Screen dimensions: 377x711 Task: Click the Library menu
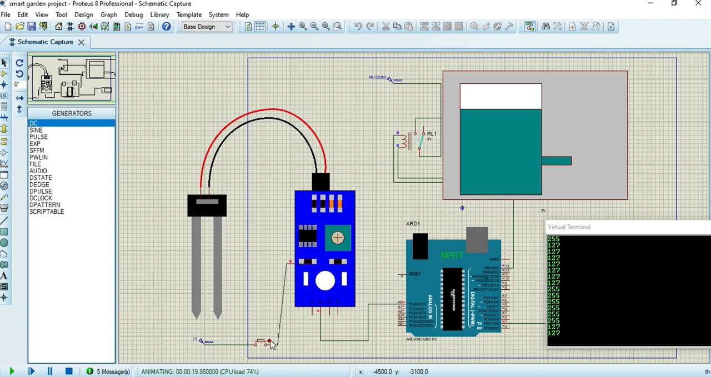pyautogui.click(x=159, y=14)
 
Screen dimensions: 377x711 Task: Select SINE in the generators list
pyautogui.click(x=36, y=130)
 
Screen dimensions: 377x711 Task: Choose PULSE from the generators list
pyautogui.click(x=38, y=137)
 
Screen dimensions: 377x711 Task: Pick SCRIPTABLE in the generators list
pyautogui.click(x=47, y=212)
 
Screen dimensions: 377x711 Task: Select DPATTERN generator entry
pyautogui.click(x=45, y=205)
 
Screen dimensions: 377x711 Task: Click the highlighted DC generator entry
pyautogui.click(x=34, y=123)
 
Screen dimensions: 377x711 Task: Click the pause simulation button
pyautogui.click(x=49, y=371)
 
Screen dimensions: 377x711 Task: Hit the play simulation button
pyautogui.click(x=11, y=371)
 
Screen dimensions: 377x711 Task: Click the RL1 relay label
pyautogui.click(x=432, y=134)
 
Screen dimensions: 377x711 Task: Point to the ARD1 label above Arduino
pyautogui.click(x=413, y=224)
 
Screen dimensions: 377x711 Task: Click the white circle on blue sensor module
pyautogui.click(x=325, y=281)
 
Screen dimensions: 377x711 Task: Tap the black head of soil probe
pyautogui.click(x=207, y=205)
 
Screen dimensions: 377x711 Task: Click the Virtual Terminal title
pyautogui.click(x=569, y=227)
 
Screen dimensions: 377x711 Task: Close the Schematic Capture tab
pyautogui.click(x=81, y=42)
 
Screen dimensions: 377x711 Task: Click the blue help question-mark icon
pyautogui.click(x=166, y=27)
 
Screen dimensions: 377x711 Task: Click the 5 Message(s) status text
pyautogui.click(x=113, y=371)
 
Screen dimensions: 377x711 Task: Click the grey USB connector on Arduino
pyautogui.click(x=477, y=239)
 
